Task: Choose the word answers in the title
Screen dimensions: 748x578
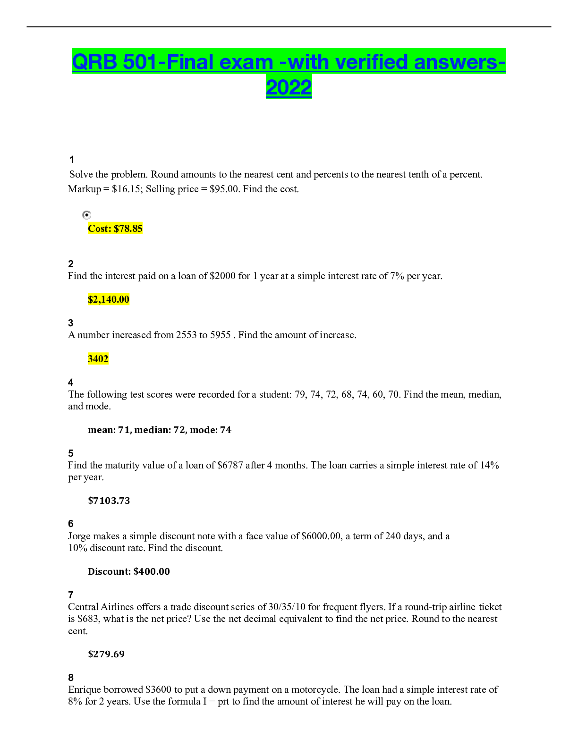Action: point(455,62)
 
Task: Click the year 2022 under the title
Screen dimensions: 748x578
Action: point(289,87)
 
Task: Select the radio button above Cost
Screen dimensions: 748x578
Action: point(87,215)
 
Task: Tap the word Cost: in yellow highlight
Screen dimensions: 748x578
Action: point(100,229)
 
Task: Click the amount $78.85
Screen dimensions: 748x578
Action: point(128,229)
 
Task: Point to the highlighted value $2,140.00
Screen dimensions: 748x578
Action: point(109,299)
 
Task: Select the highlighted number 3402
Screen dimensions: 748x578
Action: point(98,359)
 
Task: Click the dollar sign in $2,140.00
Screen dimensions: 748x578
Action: point(90,299)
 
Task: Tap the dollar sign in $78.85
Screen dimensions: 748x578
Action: point(116,229)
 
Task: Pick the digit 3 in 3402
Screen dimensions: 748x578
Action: point(90,359)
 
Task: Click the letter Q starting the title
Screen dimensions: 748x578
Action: point(80,62)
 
